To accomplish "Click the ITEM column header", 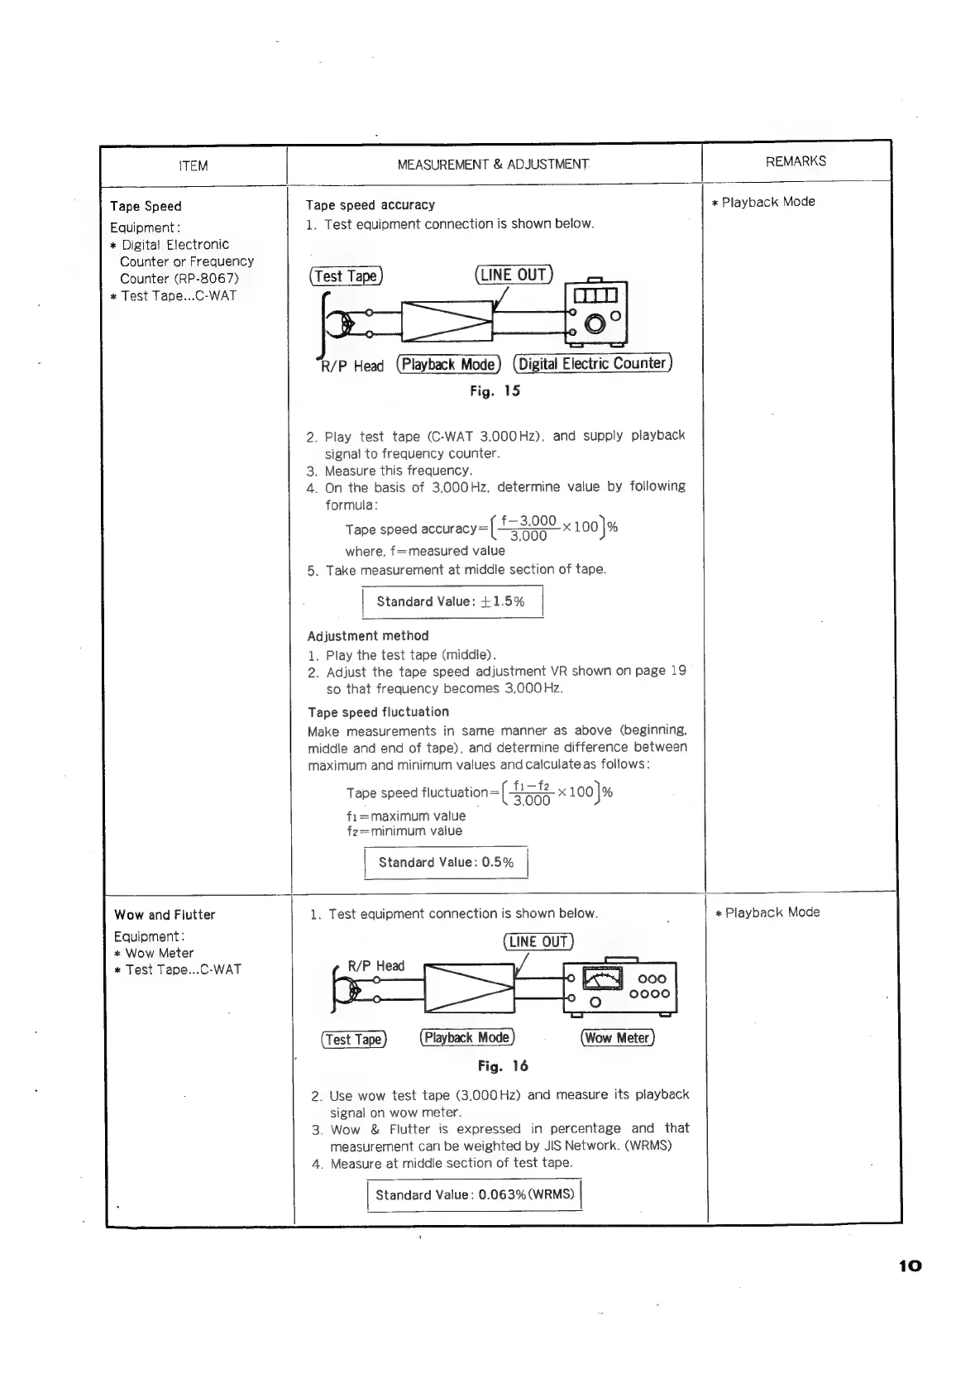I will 194,166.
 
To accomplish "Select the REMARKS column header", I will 796,161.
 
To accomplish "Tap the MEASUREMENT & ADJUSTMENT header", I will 494,165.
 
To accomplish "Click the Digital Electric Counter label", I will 592,364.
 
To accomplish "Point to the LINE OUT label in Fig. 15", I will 514,275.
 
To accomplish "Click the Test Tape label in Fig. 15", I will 346,276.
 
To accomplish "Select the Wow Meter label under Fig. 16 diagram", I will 617,1038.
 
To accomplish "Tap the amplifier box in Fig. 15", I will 447,322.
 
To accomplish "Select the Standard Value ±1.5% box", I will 452,601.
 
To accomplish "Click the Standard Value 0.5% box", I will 446,863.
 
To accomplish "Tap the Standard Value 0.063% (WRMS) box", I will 475,1195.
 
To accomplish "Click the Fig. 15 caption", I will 495,391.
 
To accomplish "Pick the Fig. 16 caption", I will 503,1066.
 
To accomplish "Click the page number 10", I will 909,1266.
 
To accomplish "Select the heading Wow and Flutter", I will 165,915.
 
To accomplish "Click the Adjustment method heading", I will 368,636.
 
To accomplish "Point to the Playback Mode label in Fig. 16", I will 467,1038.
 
